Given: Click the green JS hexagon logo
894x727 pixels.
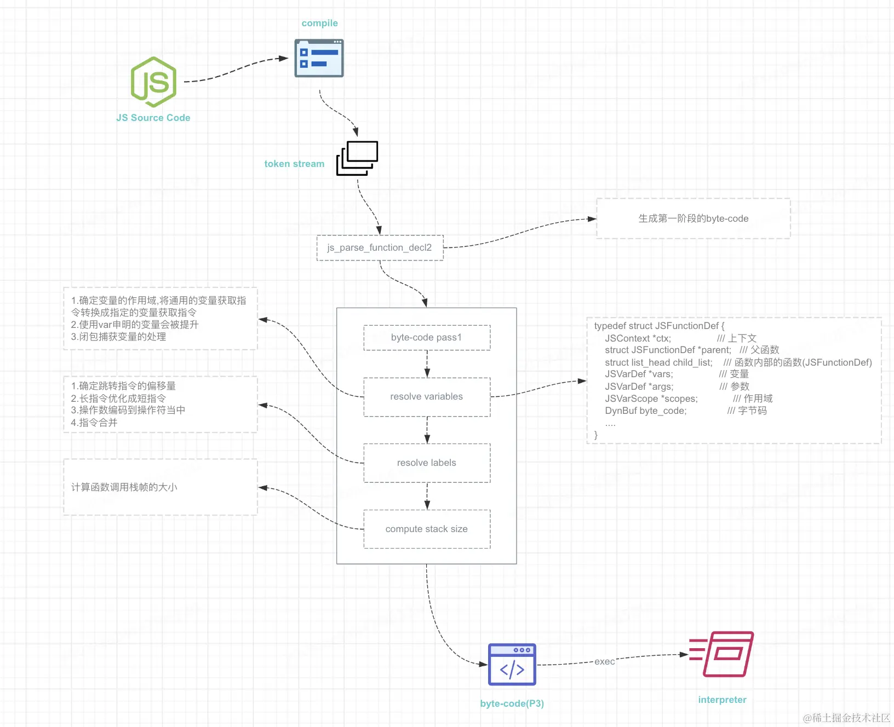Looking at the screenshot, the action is click(153, 82).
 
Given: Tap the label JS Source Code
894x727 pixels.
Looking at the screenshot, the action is click(153, 118).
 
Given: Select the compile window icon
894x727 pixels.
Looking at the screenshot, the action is click(319, 58).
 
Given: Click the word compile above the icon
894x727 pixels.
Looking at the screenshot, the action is click(320, 23).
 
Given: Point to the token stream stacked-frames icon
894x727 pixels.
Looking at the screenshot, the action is click(357, 158).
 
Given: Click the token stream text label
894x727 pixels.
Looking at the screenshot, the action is click(294, 164).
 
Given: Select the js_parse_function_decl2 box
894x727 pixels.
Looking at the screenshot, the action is click(380, 248).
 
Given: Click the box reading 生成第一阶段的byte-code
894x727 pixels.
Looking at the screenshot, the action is click(694, 218).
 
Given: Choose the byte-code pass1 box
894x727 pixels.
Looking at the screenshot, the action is click(427, 338).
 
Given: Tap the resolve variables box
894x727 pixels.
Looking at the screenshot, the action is click(427, 397).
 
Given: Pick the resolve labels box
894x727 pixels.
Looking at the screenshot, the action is click(427, 463).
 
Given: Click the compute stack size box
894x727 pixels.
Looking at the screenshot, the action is click(427, 529).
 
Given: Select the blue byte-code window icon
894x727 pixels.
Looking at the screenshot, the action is click(512, 664).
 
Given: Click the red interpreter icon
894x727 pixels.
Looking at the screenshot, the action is click(721, 654).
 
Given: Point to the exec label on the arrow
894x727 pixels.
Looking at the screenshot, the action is click(605, 662).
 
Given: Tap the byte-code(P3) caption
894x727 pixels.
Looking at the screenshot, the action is click(512, 703).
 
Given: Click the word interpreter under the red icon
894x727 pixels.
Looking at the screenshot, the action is click(723, 700).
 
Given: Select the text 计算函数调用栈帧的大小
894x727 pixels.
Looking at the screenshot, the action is click(124, 487).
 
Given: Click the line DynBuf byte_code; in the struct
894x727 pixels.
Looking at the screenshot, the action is click(646, 411).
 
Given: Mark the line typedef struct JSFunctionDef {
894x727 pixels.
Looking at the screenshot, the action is click(660, 326).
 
